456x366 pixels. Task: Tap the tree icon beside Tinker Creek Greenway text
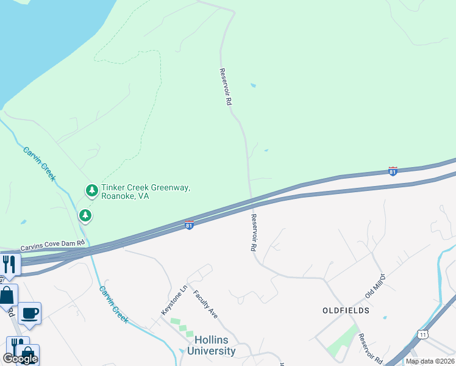91,191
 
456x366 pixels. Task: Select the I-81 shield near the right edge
393,171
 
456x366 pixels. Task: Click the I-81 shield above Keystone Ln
189,225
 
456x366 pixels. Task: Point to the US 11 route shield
422,334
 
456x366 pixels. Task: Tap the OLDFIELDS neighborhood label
346,310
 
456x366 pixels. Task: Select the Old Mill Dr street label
376,286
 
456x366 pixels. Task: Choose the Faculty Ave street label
205,304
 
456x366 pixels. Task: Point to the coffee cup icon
29,314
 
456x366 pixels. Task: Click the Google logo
20,359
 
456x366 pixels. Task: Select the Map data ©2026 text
430,361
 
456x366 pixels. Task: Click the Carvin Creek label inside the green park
40,163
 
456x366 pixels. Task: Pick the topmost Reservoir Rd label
225,88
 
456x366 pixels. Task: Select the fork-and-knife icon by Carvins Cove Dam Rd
9,264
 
